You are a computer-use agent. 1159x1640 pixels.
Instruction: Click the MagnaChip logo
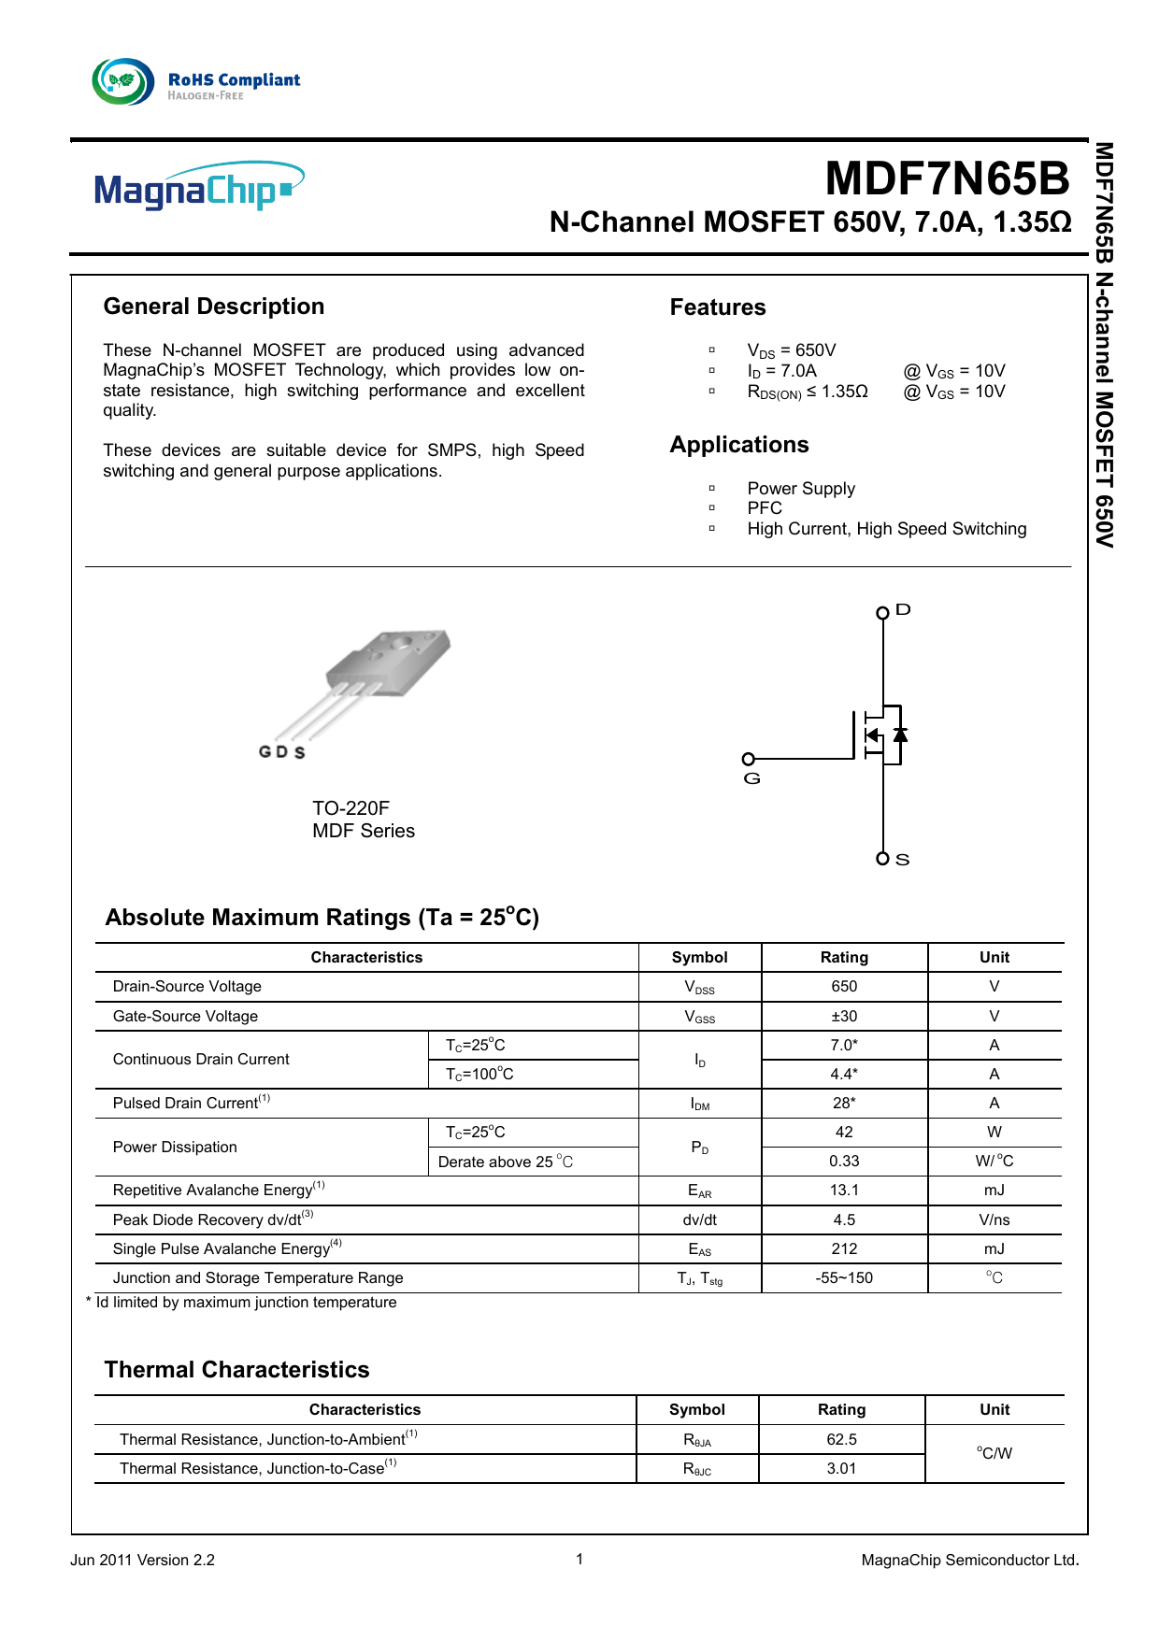(199, 186)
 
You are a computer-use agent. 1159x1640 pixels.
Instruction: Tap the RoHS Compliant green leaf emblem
(123, 81)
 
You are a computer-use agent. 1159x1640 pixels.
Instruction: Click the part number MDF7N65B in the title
(947, 178)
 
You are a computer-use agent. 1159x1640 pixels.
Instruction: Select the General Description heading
(214, 307)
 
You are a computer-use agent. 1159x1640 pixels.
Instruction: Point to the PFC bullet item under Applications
(765, 508)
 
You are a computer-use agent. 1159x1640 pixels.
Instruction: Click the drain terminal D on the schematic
(883, 613)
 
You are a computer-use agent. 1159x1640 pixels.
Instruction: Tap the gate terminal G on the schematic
(749, 760)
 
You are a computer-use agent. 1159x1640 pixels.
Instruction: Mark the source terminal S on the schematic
(883, 859)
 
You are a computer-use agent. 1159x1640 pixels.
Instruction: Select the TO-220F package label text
(351, 808)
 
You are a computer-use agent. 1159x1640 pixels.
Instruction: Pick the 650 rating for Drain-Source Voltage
(844, 987)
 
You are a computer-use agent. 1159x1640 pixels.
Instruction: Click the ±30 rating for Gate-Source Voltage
(844, 1017)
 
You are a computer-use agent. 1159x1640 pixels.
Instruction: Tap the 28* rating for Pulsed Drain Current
(844, 1104)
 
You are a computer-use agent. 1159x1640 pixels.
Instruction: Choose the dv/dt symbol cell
(700, 1220)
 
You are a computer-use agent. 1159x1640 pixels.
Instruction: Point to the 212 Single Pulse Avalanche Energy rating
(844, 1249)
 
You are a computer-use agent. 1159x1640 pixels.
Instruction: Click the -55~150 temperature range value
(844, 1278)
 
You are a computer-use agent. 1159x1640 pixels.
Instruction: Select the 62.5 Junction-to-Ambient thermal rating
(841, 1440)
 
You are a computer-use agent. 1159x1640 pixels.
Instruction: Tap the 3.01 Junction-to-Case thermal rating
(841, 1469)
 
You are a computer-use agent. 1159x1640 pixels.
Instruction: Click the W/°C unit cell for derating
(994, 1162)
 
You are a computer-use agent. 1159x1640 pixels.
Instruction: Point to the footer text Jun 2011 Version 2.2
(142, 1561)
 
